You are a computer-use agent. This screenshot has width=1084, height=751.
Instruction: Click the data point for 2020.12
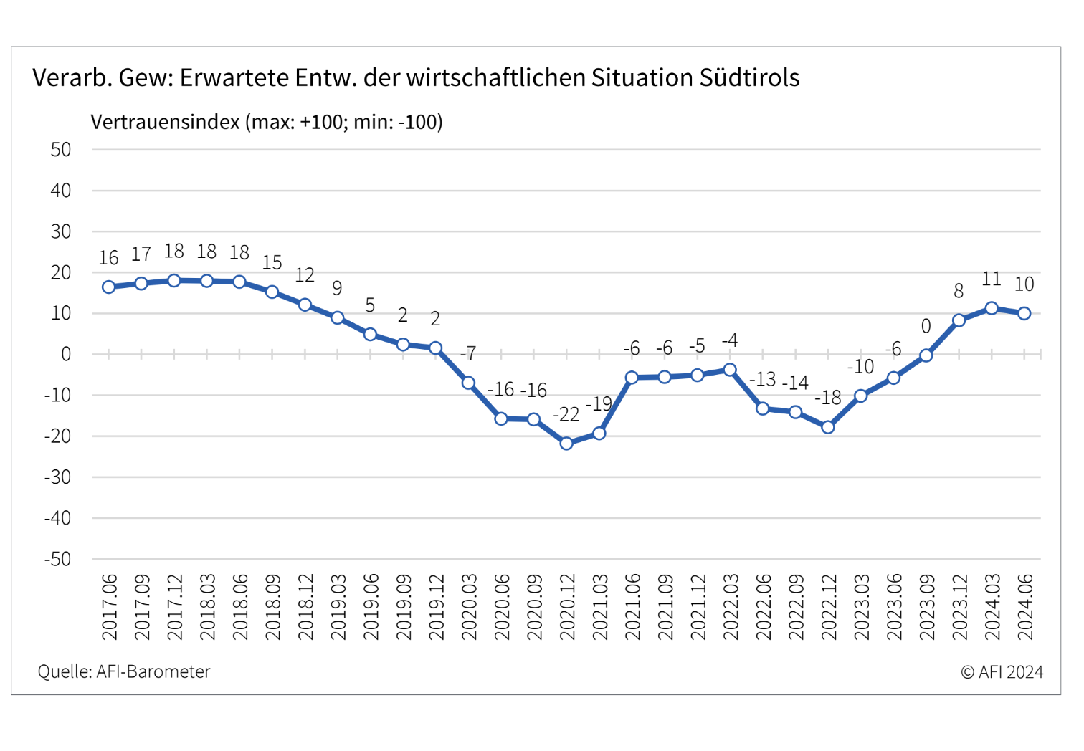(x=566, y=443)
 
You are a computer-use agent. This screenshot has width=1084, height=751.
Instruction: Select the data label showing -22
(x=566, y=414)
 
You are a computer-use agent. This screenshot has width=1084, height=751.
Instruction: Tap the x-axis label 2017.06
(x=110, y=607)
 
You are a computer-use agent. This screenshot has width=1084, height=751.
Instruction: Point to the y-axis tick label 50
(x=60, y=150)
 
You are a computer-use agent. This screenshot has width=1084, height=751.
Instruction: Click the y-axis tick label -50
(x=57, y=559)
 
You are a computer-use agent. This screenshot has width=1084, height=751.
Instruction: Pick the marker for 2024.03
(x=992, y=308)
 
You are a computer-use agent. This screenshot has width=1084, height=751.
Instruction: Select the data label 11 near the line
(x=991, y=279)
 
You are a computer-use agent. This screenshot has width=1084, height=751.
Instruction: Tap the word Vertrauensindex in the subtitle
(x=165, y=122)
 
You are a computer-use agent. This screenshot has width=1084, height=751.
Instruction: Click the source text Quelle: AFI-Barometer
(x=124, y=671)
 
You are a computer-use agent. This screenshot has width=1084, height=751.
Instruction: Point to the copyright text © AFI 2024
(x=1002, y=671)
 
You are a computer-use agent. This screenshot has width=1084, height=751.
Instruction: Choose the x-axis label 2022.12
(x=829, y=607)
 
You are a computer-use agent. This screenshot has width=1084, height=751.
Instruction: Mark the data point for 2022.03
(x=730, y=370)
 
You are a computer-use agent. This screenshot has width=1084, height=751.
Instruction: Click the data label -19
(x=599, y=403)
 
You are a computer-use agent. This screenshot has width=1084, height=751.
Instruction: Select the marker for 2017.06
(x=108, y=287)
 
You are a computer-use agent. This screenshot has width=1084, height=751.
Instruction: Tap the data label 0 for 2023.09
(x=926, y=327)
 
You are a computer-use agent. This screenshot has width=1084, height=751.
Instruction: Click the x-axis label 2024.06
(x=1025, y=607)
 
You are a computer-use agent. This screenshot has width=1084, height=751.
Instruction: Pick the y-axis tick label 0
(x=66, y=355)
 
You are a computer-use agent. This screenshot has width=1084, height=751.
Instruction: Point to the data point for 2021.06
(x=632, y=377)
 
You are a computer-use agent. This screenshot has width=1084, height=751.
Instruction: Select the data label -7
(x=468, y=353)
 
